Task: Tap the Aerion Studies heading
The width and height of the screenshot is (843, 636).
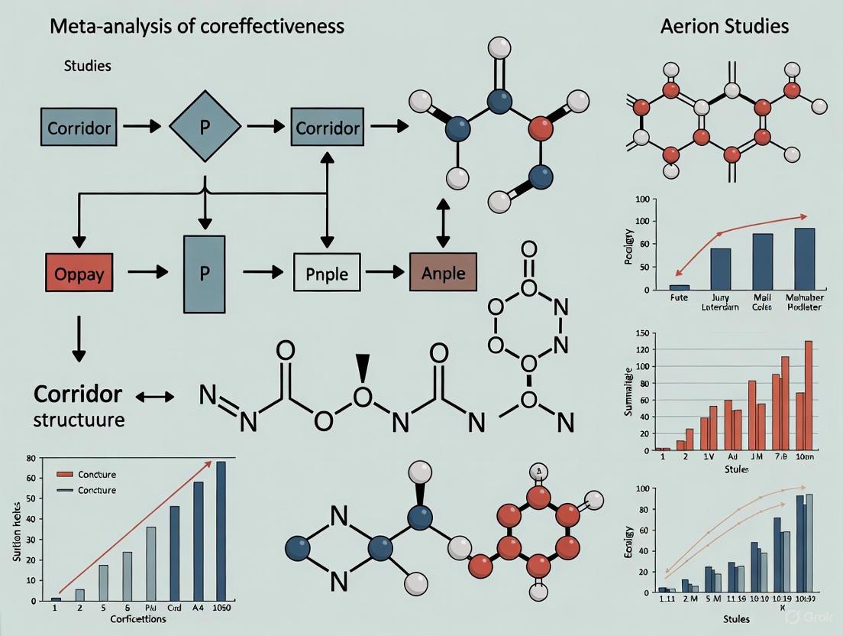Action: coord(724,26)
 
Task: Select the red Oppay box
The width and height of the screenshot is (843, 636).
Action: coord(79,272)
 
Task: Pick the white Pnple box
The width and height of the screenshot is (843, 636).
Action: coord(327,272)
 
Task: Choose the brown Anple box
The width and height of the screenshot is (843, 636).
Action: coord(443,272)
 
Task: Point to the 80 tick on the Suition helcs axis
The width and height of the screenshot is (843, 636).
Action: coord(31,459)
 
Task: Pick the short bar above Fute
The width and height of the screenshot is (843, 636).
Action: coord(679,287)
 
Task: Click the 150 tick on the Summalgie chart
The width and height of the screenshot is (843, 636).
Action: coord(642,333)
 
